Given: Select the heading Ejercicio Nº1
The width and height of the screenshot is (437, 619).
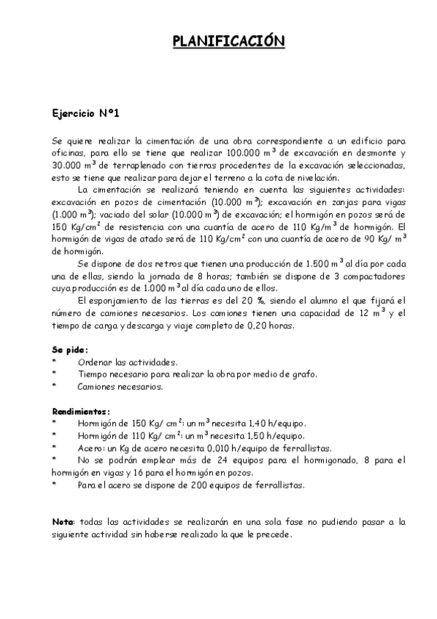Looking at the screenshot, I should tap(85, 114).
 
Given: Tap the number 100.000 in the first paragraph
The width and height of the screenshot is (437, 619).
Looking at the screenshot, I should tap(245, 153).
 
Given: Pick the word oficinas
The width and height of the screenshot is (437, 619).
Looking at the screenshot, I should tap(70, 153).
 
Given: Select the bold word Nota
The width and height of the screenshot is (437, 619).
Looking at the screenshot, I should tap(63, 521).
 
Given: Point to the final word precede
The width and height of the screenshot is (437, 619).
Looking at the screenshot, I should tap(276, 534).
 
